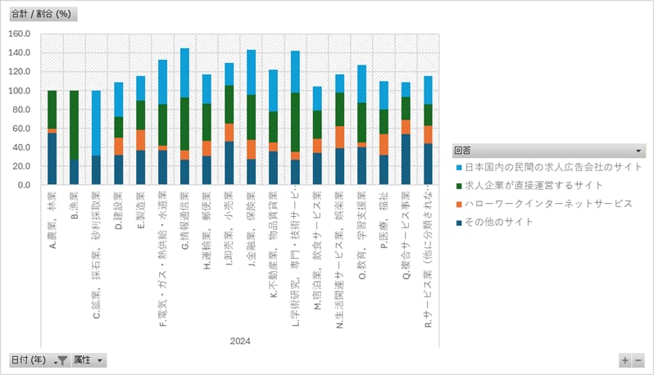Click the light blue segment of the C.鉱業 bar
click(x=96, y=123)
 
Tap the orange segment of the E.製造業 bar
click(x=140, y=140)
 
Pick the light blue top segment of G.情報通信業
click(x=184, y=73)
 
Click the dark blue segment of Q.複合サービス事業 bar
click(x=406, y=160)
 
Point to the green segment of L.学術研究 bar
click(x=295, y=122)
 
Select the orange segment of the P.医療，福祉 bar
click(x=384, y=144)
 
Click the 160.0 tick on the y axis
click(x=19, y=34)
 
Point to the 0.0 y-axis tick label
click(x=24, y=185)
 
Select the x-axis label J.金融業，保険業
click(x=252, y=226)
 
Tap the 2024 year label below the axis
click(x=240, y=341)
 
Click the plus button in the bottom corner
click(x=625, y=360)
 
